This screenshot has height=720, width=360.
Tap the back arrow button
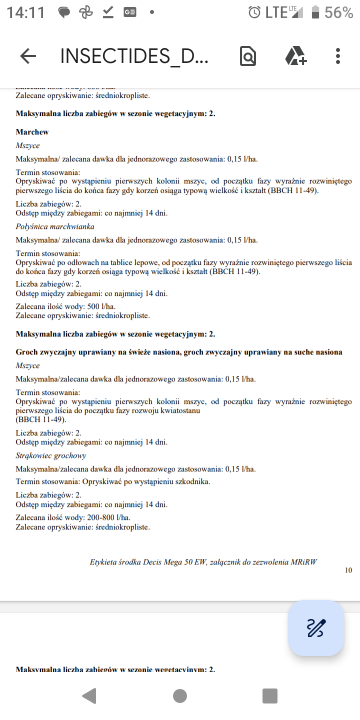point(28,56)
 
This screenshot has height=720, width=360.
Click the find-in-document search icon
point(248,56)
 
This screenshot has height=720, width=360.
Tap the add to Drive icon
point(295,56)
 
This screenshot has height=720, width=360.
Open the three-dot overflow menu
point(338,56)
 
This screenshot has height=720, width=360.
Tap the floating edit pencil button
point(316,627)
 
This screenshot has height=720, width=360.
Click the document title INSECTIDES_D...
point(134,56)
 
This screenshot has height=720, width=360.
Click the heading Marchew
point(32,132)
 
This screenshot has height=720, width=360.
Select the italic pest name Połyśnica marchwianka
point(55,226)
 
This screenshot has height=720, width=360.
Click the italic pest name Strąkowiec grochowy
point(51,455)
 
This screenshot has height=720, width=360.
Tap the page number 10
point(348,570)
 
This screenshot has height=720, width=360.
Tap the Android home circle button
point(180,695)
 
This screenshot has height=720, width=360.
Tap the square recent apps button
point(270,695)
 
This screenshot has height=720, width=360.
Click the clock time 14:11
point(26,12)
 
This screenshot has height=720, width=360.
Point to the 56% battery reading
point(339,12)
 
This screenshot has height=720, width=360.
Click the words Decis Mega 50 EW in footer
point(170,561)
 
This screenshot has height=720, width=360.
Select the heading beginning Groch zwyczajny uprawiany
point(179,352)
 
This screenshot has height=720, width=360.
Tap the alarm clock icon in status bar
point(254,12)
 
